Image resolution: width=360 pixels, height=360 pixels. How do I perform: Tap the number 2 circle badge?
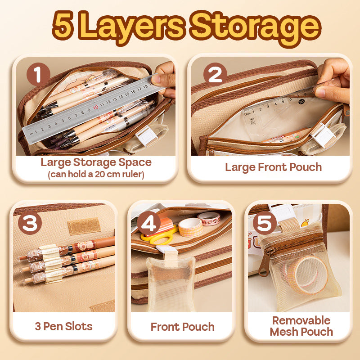(215, 75)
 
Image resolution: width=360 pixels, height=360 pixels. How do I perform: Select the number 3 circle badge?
(30, 224)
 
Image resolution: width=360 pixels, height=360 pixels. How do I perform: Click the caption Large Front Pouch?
(273, 167)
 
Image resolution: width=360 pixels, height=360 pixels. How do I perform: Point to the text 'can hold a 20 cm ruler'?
(96, 174)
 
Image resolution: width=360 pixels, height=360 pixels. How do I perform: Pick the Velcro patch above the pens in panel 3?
(84, 226)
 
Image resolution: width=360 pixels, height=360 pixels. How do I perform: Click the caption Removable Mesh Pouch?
(301, 326)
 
